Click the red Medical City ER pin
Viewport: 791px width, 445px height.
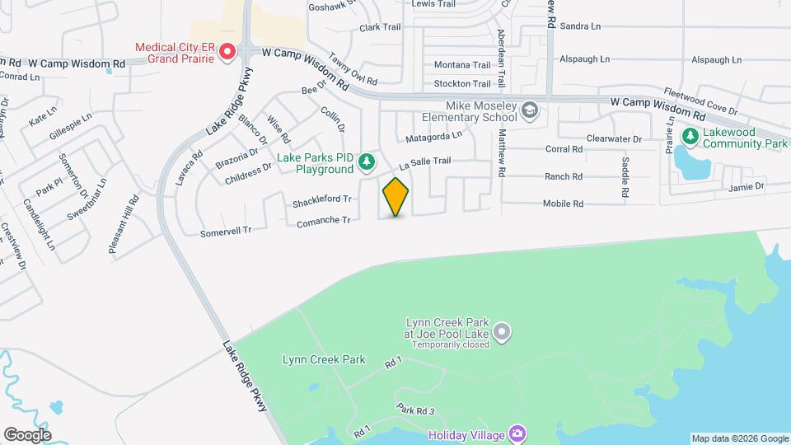226,53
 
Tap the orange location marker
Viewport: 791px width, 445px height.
395,196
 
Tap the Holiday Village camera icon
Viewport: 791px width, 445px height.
517,433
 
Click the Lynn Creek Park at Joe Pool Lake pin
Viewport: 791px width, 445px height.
503,333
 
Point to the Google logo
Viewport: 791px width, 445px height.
27,434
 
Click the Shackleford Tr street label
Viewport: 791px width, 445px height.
322,200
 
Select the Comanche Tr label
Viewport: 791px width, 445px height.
324,220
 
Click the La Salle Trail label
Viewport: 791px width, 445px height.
425,162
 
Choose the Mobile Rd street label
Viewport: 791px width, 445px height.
563,204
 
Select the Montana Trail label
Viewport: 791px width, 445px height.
462,65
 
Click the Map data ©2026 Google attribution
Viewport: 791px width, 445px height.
739,438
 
